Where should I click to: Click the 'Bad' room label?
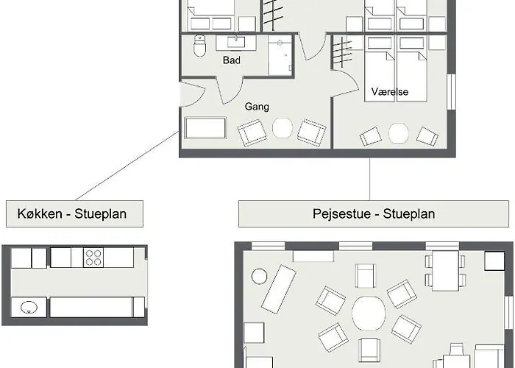coord(231,60)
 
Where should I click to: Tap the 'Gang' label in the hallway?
coord(257,107)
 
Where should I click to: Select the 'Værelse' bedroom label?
coord(390,92)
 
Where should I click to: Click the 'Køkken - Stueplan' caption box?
coord(74,213)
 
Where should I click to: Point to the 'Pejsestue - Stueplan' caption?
coord(374,213)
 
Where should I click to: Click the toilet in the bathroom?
coord(199,46)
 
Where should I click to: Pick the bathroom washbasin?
coord(235,43)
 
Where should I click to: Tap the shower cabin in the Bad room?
coord(280,55)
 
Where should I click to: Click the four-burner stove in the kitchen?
coord(93,258)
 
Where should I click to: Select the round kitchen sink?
coord(29,308)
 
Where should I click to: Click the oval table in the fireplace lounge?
coord(369,313)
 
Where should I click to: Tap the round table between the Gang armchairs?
coord(283,128)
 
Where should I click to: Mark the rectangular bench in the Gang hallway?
coord(205,128)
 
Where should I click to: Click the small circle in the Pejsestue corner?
coord(259,276)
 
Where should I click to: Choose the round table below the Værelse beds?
coord(399,133)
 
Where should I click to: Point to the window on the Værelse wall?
coord(451,92)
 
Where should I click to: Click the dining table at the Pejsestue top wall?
coord(445,271)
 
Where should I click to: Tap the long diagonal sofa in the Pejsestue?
coord(279,289)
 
